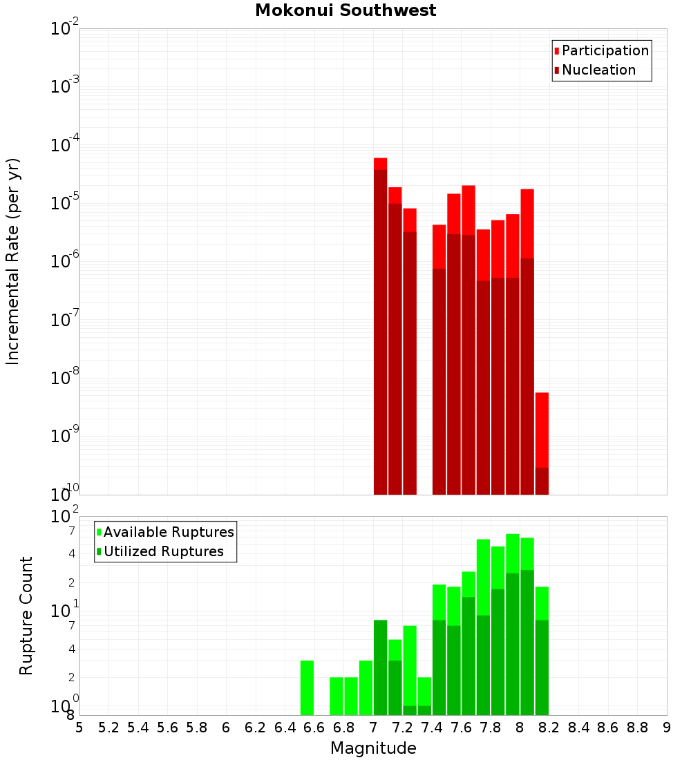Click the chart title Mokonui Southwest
(345, 10)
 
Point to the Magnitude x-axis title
(373, 748)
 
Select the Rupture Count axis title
(26, 616)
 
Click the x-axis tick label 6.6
(314, 728)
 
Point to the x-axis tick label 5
(79, 728)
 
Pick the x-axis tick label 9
(667, 728)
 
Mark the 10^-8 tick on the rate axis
(65, 378)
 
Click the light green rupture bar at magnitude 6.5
(307, 687)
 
